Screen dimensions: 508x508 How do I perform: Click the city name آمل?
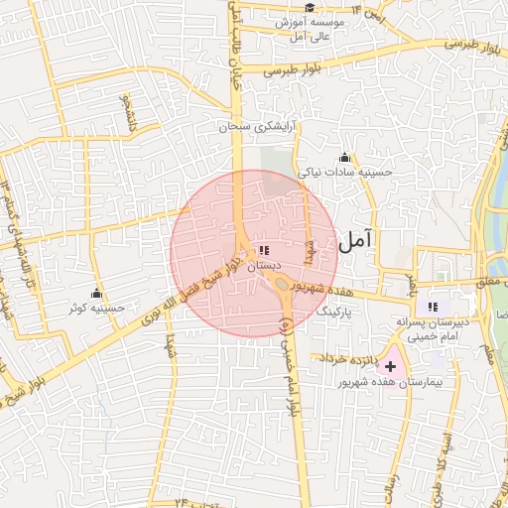[x=355, y=240]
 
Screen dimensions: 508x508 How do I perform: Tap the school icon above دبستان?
[x=264, y=251]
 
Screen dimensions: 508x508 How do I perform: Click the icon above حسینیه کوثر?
[x=96, y=294]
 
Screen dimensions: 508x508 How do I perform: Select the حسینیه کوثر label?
[x=96, y=309]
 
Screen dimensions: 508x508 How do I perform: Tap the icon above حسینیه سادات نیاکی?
[x=344, y=157]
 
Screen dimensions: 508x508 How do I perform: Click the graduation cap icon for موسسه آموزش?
[x=310, y=8]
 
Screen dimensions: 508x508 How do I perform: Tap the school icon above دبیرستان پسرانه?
[x=432, y=307]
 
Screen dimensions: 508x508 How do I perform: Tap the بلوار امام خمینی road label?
[x=289, y=357]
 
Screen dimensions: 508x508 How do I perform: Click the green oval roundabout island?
[x=283, y=287]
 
